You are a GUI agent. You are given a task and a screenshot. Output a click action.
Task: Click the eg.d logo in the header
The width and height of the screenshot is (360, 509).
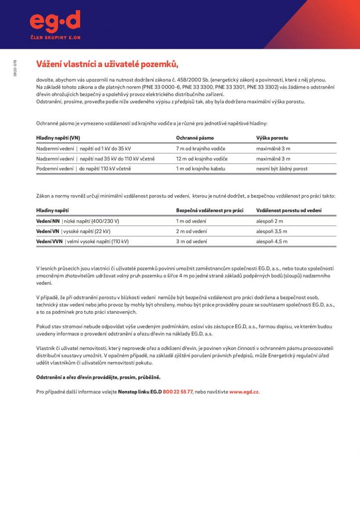tap(55, 21)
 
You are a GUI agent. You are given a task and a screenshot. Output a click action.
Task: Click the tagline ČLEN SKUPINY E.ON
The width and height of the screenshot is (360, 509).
tap(55, 37)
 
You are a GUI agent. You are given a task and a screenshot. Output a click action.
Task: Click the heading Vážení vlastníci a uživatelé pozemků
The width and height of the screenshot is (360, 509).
tap(107, 64)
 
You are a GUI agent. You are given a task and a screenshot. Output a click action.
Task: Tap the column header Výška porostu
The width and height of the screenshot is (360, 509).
tap(272, 138)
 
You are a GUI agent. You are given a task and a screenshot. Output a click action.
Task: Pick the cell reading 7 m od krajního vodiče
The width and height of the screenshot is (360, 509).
tap(200, 149)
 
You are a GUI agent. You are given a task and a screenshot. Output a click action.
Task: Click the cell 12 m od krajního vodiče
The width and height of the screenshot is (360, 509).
tap(201, 159)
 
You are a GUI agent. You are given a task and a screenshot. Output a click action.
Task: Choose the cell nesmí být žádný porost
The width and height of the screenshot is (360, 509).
tap(281, 169)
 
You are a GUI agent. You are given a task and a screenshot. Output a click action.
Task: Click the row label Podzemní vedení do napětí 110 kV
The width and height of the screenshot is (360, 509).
tap(84, 169)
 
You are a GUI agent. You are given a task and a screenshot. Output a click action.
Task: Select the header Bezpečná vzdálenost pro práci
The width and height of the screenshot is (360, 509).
tap(209, 211)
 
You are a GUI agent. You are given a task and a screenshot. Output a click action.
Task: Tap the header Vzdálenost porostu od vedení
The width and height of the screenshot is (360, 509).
tap(288, 211)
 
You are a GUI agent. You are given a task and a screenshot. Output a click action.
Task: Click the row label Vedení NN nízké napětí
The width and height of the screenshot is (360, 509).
tap(78, 221)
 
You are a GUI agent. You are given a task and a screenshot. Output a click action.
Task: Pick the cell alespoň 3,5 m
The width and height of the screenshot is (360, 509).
tap(271, 231)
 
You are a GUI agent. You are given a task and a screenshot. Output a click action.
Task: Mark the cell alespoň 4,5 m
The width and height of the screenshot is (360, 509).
tap(271, 242)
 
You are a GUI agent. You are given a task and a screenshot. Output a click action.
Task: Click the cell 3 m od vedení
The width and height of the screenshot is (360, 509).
tap(191, 242)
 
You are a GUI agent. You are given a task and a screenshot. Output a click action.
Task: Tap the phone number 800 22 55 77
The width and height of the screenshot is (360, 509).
tap(178, 392)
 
